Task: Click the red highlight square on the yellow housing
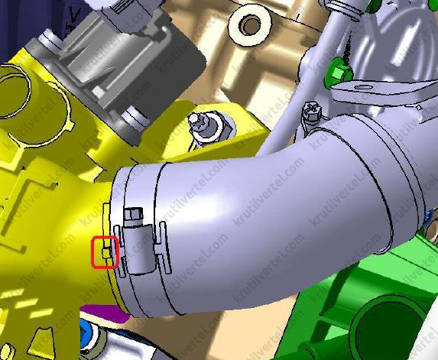(105, 252)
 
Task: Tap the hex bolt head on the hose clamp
(134, 213)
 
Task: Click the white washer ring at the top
(250, 26)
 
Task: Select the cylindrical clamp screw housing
(139, 247)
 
